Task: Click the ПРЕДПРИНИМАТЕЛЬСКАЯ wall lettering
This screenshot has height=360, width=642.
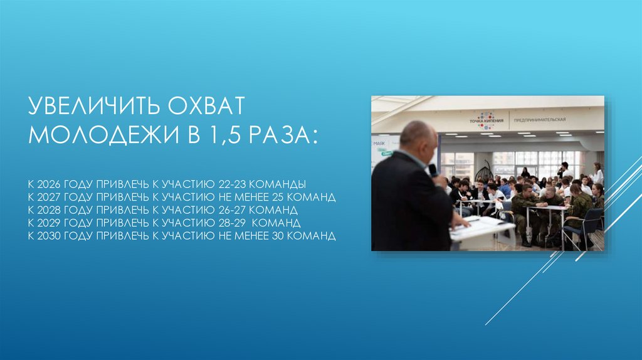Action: pyautogui.click(x=540, y=119)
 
